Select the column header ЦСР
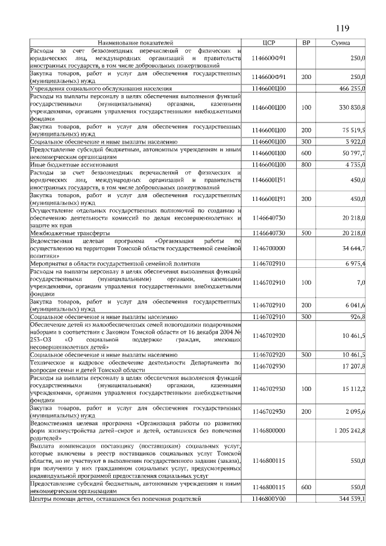(x=269, y=43)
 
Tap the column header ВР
(x=306, y=43)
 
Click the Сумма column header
(x=342, y=43)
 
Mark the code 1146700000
(x=269, y=248)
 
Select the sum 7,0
(x=361, y=282)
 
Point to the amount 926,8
(x=358, y=316)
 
